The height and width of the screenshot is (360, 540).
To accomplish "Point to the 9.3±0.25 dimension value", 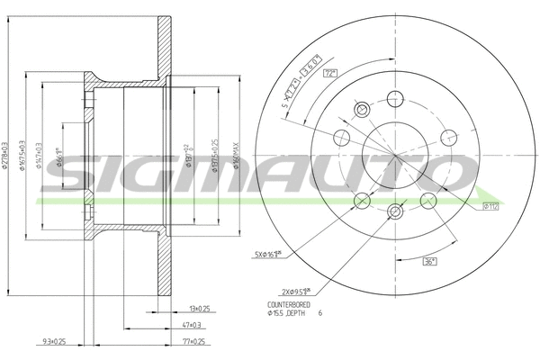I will click(x=54, y=342).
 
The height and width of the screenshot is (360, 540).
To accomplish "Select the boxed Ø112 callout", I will click(x=490, y=207).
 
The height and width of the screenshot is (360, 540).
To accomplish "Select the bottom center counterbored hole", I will click(x=396, y=211).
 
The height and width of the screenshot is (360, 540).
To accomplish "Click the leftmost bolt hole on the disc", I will click(x=341, y=138).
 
